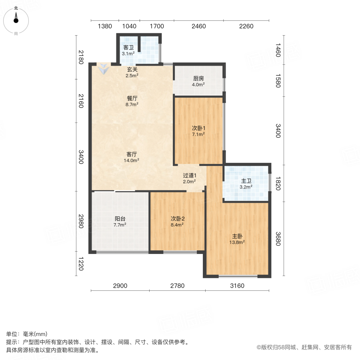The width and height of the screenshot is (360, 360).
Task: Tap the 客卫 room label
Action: point(128,48)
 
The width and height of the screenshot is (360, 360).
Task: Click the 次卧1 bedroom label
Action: point(198,128)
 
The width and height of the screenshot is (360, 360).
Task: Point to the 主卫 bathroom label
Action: point(246,180)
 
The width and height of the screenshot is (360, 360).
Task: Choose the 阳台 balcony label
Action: point(120,219)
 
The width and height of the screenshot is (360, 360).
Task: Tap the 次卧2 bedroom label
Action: point(177,219)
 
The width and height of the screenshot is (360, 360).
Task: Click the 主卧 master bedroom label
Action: point(238,236)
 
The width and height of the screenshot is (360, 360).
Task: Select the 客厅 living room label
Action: point(132,154)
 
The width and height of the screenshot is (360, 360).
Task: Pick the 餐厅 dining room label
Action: point(132,98)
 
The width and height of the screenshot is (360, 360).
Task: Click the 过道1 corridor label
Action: point(190,175)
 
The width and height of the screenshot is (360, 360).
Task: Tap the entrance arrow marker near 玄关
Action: point(104,69)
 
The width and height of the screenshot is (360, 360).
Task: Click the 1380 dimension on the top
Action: point(105,26)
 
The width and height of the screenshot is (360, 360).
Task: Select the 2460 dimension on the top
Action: point(198,26)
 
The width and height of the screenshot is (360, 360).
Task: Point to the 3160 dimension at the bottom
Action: point(237,286)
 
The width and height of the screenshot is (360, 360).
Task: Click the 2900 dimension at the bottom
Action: point(120,286)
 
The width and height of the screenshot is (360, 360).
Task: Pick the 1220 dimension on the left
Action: point(81,264)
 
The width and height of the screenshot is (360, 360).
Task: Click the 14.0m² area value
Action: point(132,160)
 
